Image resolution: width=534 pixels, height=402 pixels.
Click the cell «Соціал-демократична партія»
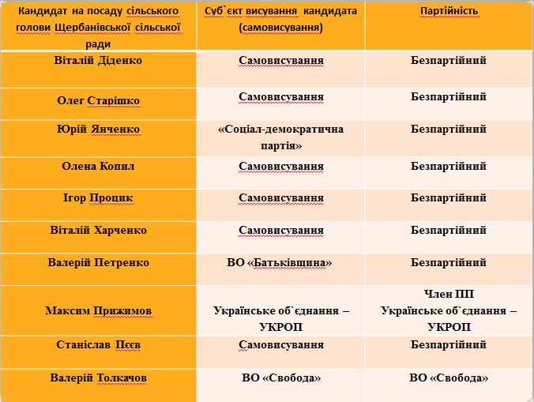tap(281, 137)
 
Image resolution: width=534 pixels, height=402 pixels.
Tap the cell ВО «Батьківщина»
tap(280, 262)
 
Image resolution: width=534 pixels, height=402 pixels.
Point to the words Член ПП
tap(449, 295)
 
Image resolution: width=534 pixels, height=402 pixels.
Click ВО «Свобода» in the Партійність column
tap(449, 378)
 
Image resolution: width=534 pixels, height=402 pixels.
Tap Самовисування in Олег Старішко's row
tap(281, 97)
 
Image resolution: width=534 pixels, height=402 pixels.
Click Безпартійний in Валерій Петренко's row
tap(449, 262)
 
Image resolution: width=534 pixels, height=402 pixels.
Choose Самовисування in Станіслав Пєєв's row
tap(281, 345)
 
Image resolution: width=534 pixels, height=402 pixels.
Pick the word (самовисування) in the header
tap(280, 28)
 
